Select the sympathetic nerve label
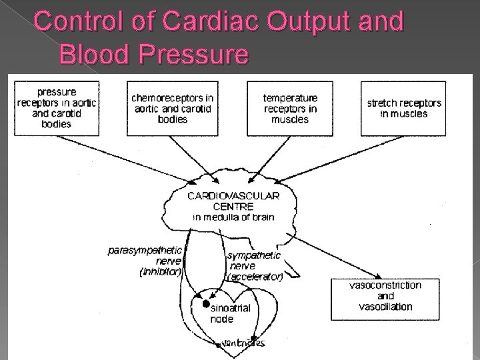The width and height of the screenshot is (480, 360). click(254, 261)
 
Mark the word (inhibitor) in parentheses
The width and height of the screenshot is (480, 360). click(160, 272)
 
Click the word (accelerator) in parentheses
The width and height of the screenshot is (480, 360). click(255, 276)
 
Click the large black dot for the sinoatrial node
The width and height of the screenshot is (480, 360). click(197, 303)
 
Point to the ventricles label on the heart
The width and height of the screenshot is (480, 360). click(244, 343)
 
